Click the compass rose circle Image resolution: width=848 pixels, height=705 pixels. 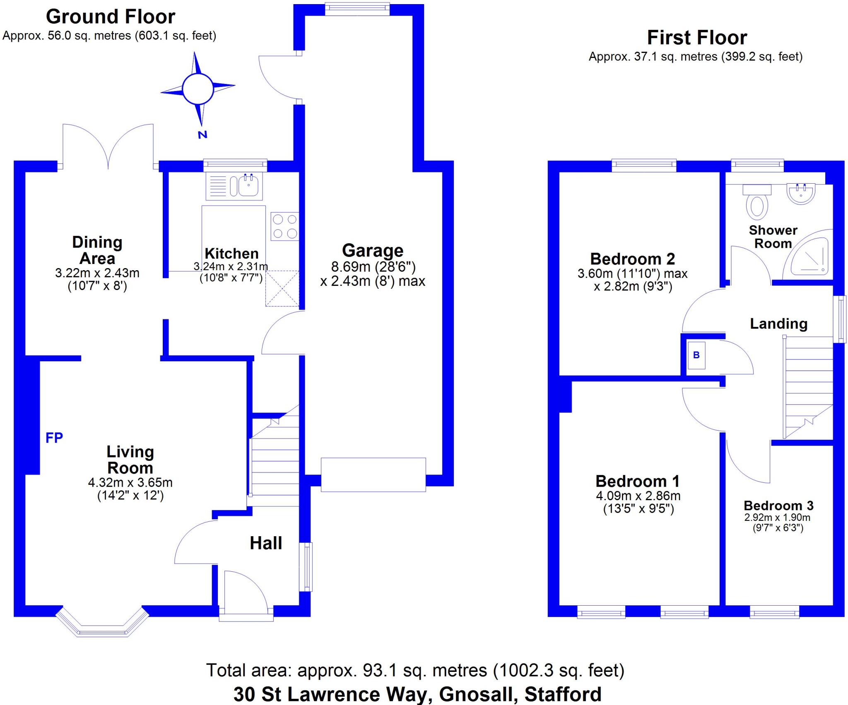198,89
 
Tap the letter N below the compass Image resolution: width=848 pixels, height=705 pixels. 202,134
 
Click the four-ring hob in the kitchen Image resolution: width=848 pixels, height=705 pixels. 285,226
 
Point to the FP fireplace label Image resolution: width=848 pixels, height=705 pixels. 54,437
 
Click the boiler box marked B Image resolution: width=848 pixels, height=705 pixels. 696,355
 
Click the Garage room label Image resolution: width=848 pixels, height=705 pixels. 373,251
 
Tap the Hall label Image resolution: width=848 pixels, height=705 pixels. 266,543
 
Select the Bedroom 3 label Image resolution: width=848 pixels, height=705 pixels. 778,506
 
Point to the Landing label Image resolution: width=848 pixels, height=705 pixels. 779,324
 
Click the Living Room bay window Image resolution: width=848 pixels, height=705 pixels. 102,625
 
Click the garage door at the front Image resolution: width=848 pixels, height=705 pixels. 373,475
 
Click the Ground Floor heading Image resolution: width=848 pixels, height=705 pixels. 111,17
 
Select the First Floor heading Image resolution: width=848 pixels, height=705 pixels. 697,38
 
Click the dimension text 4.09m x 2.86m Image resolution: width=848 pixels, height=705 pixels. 638,496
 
